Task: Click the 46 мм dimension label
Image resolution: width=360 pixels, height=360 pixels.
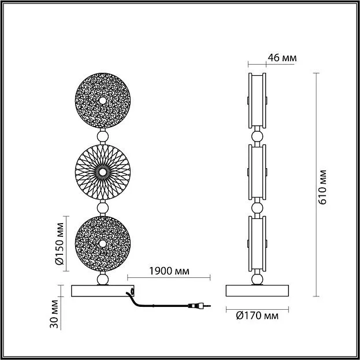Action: click(x=282, y=58)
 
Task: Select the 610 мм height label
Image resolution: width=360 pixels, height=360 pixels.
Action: click(x=322, y=187)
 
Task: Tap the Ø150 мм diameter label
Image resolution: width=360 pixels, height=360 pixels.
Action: click(x=60, y=244)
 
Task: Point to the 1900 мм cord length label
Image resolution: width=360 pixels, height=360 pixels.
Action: click(x=169, y=271)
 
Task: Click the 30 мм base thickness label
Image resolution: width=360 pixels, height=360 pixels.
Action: click(x=54, y=314)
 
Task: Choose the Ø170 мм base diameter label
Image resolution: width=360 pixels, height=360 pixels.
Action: click(x=257, y=316)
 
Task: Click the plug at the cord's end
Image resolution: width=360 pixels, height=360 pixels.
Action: click(x=199, y=306)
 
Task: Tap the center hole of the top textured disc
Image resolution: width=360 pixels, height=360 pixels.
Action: click(x=103, y=101)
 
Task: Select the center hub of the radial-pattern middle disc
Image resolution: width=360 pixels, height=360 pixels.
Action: click(x=103, y=172)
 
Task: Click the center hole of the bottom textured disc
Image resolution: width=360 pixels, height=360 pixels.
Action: click(x=103, y=244)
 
